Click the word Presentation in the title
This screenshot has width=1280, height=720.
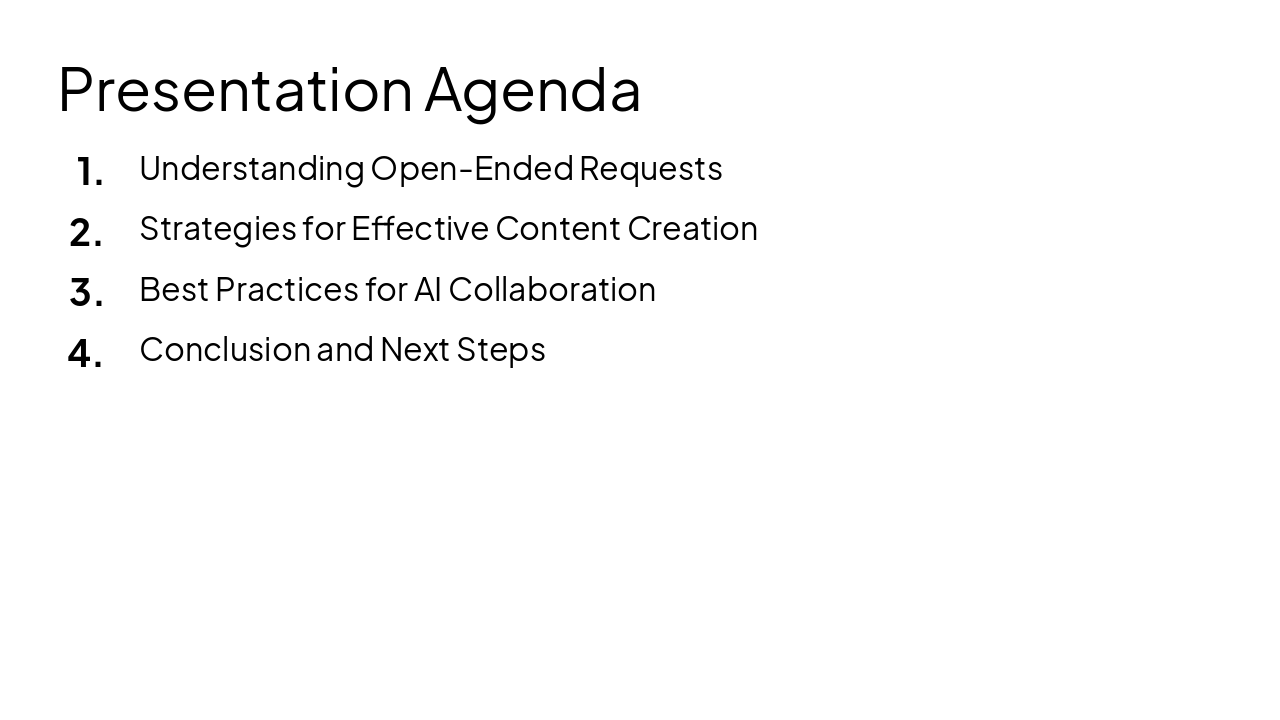pos(235,90)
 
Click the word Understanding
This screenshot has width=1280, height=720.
pos(251,169)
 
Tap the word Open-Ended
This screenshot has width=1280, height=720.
pos(471,168)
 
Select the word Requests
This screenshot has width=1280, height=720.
pos(650,169)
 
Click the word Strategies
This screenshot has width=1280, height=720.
pos(218,229)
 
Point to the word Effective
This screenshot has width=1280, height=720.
pos(419,228)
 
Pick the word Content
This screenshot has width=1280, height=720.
pos(558,228)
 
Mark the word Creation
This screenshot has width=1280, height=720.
pos(692,228)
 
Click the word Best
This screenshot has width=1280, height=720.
pos(173,289)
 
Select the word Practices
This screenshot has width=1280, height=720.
pos(286,289)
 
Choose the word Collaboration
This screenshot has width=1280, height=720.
pos(552,289)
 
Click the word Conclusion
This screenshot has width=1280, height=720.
pos(225,349)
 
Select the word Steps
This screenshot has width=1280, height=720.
pos(500,350)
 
